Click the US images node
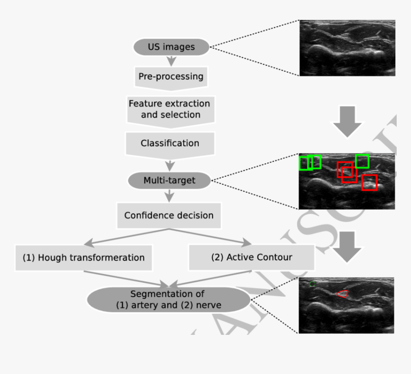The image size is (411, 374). pos(172,47)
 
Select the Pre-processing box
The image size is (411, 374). pos(171,76)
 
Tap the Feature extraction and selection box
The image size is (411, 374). pos(170,109)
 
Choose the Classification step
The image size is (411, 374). pos(170,143)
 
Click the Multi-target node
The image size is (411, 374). pos(169,181)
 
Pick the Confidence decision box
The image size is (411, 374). pos(169,215)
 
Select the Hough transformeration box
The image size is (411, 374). pos(84,257)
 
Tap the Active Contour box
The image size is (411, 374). pos(251,257)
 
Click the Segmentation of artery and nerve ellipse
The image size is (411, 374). pos(169,299)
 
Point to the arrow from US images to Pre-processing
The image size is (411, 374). pos(171,61)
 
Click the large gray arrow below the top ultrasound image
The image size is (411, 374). pos(347,121)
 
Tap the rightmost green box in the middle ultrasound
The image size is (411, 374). pos(362,161)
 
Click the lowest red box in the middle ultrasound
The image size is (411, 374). pos(369,182)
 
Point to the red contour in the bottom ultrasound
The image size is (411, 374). pos(342,293)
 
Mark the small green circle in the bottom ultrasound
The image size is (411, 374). pos(312,284)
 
